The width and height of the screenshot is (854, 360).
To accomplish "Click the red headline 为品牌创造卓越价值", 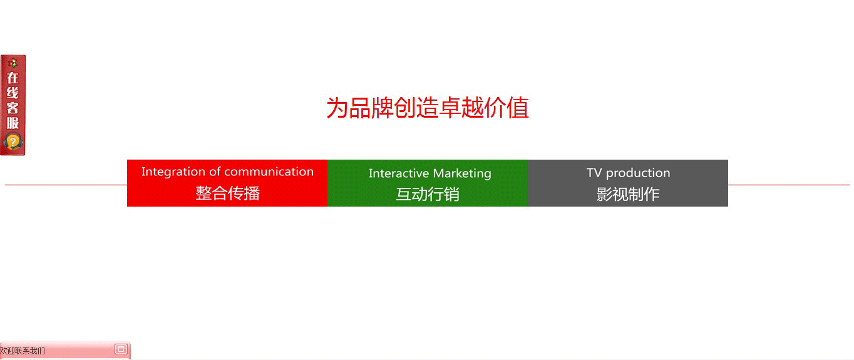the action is (x=428, y=108).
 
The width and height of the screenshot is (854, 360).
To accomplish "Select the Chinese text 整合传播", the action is (x=228, y=193).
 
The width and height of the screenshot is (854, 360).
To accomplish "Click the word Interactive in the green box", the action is (x=399, y=173).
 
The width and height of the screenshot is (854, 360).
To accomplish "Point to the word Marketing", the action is (x=462, y=174).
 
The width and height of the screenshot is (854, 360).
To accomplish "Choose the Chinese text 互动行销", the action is (x=428, y=194).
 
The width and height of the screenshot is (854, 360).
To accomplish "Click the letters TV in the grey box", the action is (x=594, y=173).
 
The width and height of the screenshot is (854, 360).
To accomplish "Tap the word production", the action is (x=638, y=173).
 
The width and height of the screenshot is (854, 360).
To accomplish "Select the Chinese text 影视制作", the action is (x=628, y=194).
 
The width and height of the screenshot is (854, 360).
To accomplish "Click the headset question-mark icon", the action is (x=13, y=142).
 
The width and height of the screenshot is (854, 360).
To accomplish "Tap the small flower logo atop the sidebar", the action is (x=13, y=63).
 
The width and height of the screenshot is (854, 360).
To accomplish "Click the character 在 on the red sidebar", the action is (x=13, y=78).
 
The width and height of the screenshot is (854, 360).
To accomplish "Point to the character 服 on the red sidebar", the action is (x=13, y=123).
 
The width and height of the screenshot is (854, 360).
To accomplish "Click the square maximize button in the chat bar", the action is (x=121, y=349).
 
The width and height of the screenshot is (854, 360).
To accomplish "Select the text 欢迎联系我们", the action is (x=22, y=351).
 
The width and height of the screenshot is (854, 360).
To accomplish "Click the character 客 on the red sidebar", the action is (x=13, y=108).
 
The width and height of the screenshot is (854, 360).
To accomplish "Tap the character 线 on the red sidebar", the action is (x=13, y=93).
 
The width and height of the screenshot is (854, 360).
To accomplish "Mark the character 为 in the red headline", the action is (x=337, y=108).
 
